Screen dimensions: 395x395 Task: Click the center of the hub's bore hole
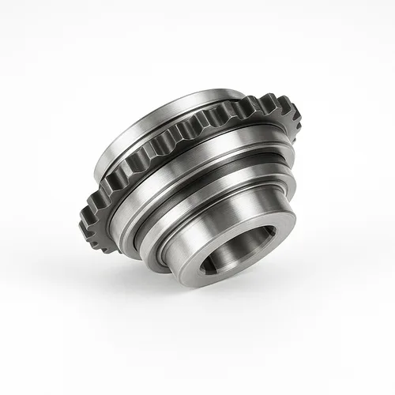tap(240, 251)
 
